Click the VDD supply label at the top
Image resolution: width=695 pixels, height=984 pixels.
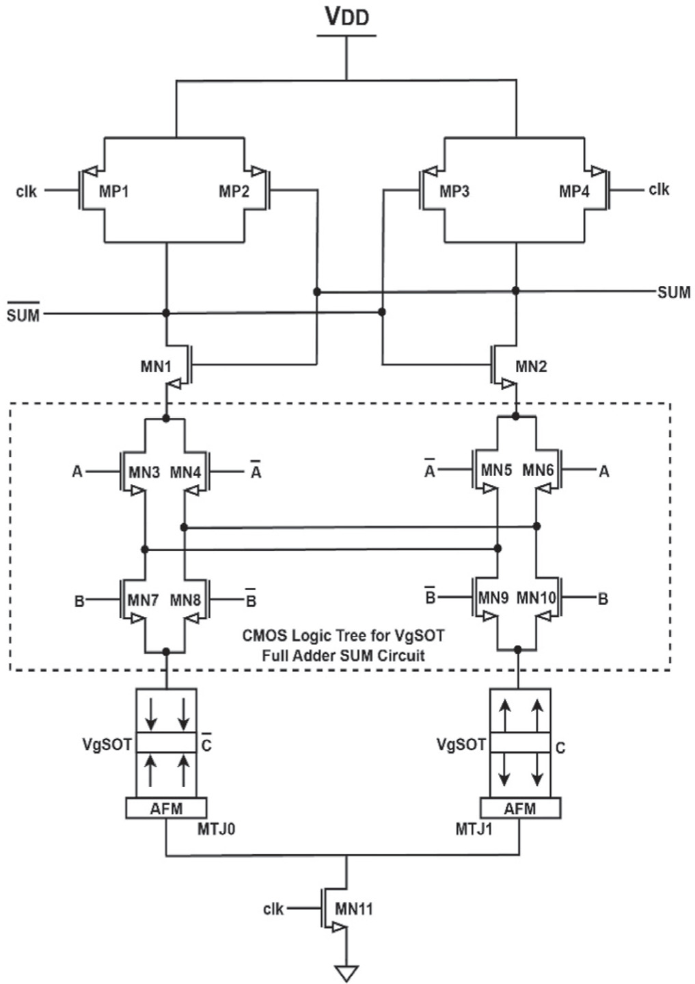(x=346, y=16)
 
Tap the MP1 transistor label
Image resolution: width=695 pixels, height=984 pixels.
(x=114, y=191)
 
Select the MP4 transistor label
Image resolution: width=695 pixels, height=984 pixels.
(x=574, y=191)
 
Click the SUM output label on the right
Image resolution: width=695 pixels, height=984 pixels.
(x=673, y=293)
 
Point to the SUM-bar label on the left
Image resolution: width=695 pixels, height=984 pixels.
(x=23, y=315)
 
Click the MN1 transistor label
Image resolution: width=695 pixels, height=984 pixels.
(x=156, y=367)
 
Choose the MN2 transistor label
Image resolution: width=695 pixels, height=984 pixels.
(x=531, y=367)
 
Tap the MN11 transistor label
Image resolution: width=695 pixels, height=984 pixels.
(x=354, y=909)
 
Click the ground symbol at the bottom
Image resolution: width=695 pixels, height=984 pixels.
(x=346, y=972)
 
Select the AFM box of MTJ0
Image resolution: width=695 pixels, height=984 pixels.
(x=166, y=808)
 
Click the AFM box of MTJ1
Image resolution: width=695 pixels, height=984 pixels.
(x=520, y=808)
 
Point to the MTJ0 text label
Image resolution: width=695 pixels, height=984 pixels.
(x=217, y=829)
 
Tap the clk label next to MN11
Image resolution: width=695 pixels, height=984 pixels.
(x=273, y=909)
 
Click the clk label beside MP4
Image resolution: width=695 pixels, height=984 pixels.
(x=659, y=189)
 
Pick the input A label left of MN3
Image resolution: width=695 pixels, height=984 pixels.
(x=77, y=472)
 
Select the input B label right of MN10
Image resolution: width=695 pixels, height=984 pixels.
(x=603, y=600)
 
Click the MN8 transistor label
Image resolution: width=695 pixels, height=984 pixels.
(x=185, y=600)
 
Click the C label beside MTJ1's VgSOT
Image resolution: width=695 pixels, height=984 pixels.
(x=560, y=748)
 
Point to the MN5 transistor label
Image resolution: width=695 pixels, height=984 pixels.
(x=496, y=470)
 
